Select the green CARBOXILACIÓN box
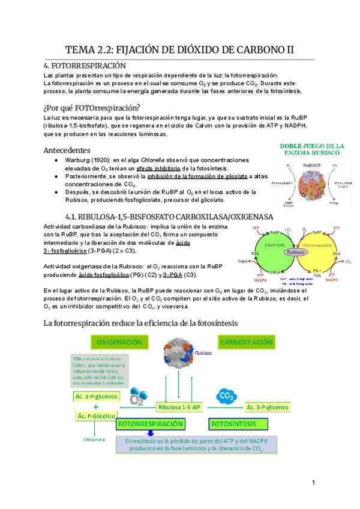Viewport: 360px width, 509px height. (247, 342)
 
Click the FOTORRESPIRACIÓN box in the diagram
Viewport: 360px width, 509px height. (150, 424)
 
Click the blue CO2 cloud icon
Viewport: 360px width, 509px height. (227, 396)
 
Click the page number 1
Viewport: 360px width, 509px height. (314, 483)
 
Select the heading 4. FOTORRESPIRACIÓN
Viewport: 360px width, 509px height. (85, 65)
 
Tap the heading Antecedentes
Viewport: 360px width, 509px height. (67, 149)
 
